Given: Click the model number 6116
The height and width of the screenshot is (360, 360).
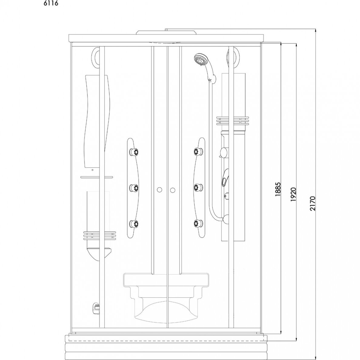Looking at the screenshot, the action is point(51,4).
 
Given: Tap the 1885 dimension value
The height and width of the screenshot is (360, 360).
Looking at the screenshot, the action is point(278,189).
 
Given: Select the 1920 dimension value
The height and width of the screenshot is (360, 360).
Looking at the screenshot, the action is point(294,195).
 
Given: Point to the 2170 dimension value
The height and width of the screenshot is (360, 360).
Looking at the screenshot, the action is point(313,203).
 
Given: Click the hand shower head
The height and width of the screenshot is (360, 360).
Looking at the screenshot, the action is point(201,59).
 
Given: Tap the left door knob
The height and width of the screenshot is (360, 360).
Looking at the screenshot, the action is point(159,190).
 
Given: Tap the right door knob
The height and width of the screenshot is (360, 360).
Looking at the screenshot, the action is point(173,190).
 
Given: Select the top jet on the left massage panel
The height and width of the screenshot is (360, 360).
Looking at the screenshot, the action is point(134,152).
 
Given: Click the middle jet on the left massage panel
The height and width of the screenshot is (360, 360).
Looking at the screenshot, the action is point(134,188).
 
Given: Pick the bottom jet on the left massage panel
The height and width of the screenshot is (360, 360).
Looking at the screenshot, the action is point(134,223).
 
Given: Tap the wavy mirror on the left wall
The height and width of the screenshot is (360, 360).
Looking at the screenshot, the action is point(96,121).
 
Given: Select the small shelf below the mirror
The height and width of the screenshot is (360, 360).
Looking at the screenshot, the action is point(97,177).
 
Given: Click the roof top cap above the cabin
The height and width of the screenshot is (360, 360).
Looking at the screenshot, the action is point(166,32).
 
